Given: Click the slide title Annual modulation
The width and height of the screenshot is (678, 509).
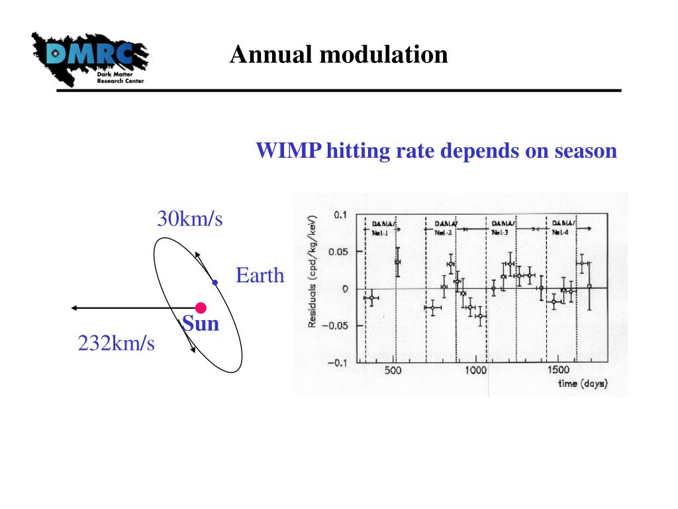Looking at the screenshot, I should [x=338, y=54].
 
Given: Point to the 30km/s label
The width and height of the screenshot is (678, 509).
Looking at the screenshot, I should [x=189, y=218].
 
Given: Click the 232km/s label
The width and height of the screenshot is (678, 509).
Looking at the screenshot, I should [x=116, y=343].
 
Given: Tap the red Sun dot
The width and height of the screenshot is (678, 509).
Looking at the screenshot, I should [x=201, y=308].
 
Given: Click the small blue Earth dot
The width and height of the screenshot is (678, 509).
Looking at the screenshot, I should [x=215, y=282].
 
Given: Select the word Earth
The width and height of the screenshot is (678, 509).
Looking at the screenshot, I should [x=260, y=275].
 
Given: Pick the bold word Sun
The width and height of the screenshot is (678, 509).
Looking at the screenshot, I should [x=201, y=324].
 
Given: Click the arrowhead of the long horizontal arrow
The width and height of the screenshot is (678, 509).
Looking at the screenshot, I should [x=75, y=308].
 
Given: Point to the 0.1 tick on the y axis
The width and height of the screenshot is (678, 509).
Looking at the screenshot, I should [x=340, y=215].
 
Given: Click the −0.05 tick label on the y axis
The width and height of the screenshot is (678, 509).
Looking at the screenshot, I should [x=337, y=325].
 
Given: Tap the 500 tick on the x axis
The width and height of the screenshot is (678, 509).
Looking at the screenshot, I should [x=393, y=370].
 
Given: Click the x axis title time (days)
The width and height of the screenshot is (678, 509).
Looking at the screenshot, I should [x=582, y=384].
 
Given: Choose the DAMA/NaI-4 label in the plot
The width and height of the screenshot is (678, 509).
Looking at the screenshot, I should [x=565, y=228].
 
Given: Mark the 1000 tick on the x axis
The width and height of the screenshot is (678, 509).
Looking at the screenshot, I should [x=476, y=370].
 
